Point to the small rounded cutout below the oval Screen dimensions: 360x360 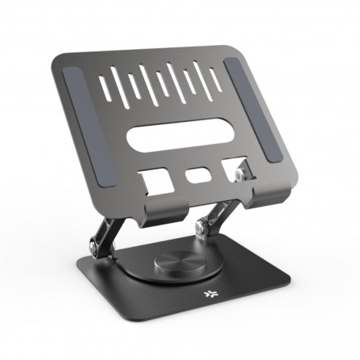click(196, 175)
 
